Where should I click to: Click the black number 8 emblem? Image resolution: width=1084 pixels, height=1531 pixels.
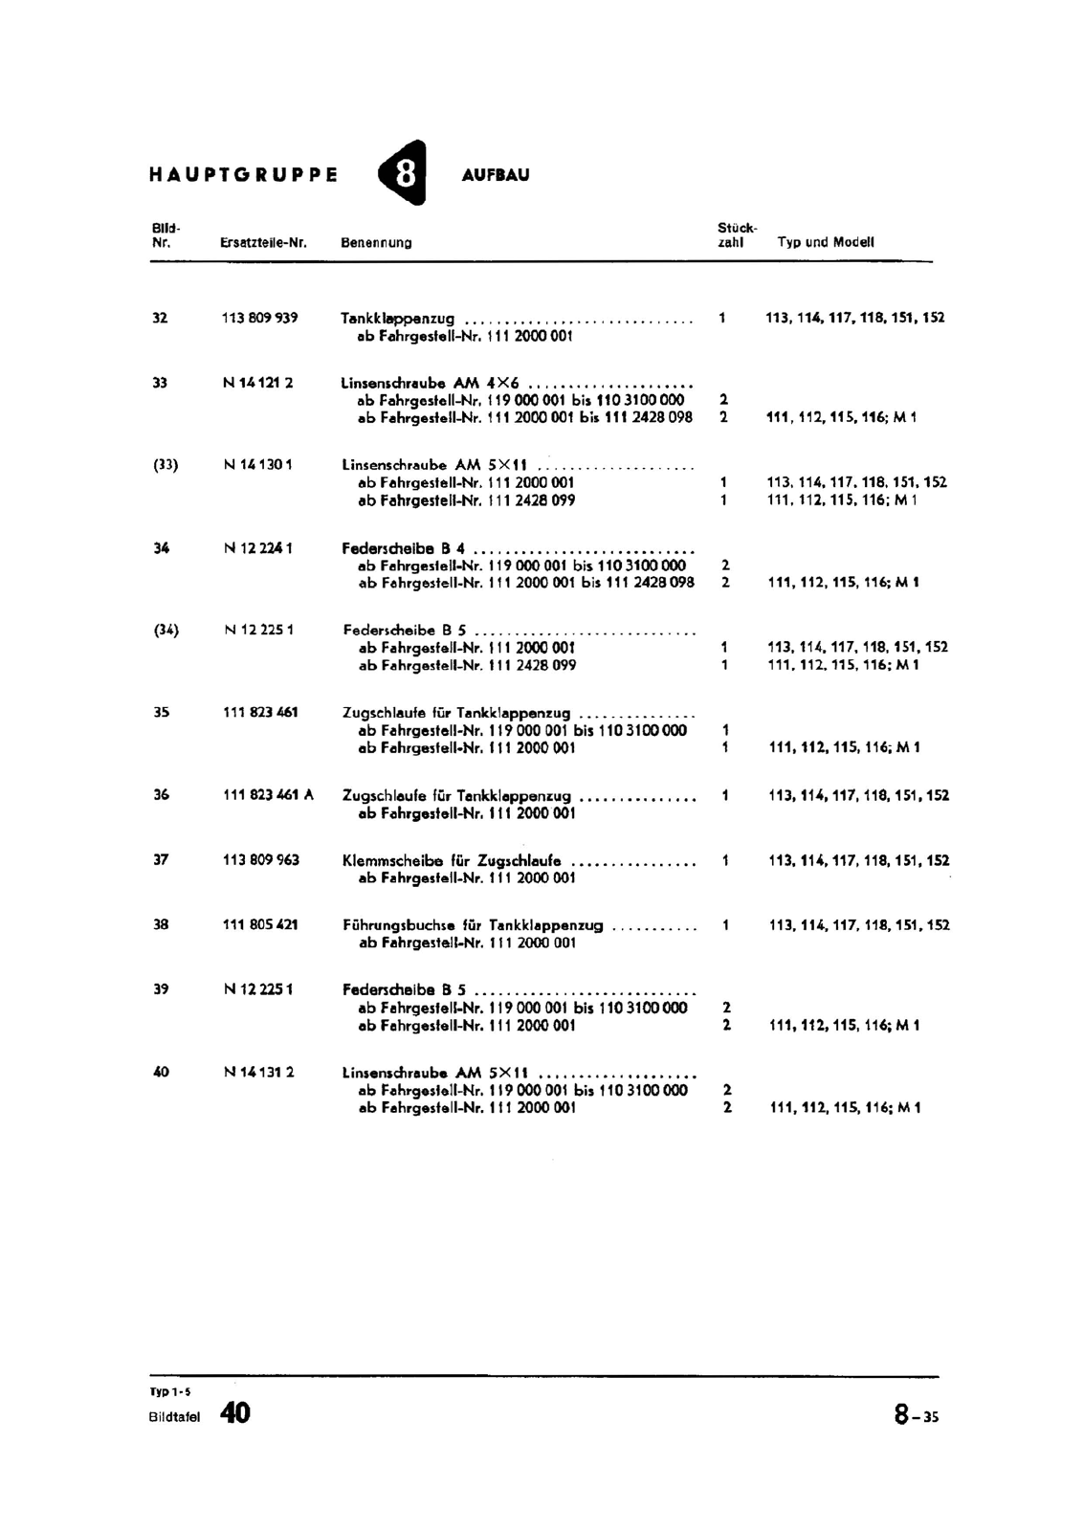point(404,174)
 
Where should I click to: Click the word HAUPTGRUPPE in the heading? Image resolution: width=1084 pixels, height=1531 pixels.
point(244,175)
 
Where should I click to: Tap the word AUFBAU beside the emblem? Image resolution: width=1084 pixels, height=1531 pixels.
point(495,175)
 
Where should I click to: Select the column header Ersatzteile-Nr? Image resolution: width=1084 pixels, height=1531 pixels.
point(263,243)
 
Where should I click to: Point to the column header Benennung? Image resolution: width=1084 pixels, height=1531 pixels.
point(376,243)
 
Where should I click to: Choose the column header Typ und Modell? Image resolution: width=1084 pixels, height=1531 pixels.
point(826,242)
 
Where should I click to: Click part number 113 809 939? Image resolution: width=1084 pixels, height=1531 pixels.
point(260,318)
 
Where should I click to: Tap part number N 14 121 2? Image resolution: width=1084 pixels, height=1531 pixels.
point(258,383)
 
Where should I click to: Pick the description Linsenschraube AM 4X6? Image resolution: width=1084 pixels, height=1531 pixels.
point(430,383)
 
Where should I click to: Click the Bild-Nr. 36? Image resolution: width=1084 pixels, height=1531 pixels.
point(161,794)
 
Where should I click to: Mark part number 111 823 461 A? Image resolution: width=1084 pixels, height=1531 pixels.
point(268,794)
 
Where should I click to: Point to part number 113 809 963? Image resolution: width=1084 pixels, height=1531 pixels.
point(261,859)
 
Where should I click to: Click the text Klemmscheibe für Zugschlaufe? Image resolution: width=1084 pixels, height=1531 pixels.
point(452,860)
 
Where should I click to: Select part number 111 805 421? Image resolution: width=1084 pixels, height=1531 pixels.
point(260,924)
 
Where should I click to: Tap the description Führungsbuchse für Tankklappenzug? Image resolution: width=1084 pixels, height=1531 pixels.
point(473,925)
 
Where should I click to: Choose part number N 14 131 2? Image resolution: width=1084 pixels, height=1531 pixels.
point(258,1072)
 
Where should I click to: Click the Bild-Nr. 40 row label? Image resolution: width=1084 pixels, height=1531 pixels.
point(161,1072)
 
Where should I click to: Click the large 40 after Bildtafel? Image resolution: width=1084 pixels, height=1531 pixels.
point(235,1412)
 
